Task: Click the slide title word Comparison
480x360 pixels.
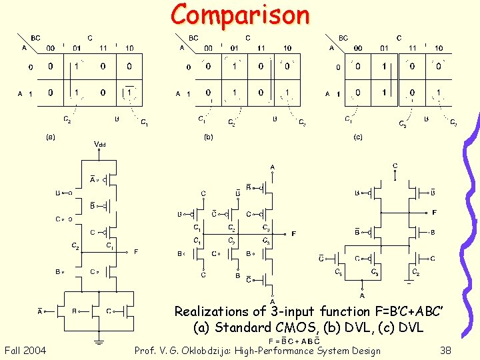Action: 240,15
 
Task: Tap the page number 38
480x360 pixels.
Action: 446,351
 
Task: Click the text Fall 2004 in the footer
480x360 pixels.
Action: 25,351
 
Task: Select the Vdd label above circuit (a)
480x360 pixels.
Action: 99,143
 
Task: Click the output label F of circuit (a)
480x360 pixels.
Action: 136,252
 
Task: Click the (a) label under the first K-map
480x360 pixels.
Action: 50,137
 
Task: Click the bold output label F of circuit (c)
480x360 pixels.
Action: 434,213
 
